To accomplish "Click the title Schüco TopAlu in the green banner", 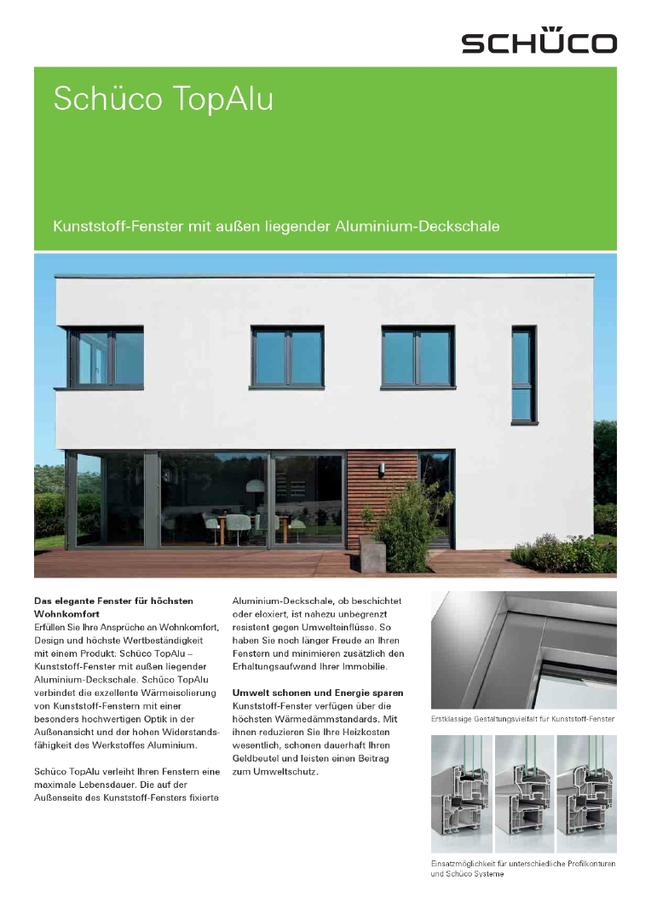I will pyautogui.click(x=163, y=100).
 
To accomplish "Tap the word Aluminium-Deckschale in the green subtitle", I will pyautogui.click(x=434, y=227).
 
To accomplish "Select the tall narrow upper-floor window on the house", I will pyautogui.click(x=524, y=374).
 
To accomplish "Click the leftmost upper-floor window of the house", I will pyautogui.click(x=106, y=357).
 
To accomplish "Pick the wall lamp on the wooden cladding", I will pyautogui.click(x=382, y=469).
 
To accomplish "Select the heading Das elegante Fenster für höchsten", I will pyautogui.click(x=113, y=601).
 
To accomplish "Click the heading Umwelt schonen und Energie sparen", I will pyautogui.click(x=318, y=693).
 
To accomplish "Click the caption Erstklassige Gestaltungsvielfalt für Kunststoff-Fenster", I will pyautogui.click(x=523, y=720).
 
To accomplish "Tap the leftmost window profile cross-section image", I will pyautogui.click(x=461, y=793).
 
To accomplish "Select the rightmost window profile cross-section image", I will pyautogui.click(x=586, y=793).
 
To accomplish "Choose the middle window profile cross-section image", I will pyautogui.click(x=524, y=793).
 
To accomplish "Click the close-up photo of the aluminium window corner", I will pyautogui.click(x=523, y=651).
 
